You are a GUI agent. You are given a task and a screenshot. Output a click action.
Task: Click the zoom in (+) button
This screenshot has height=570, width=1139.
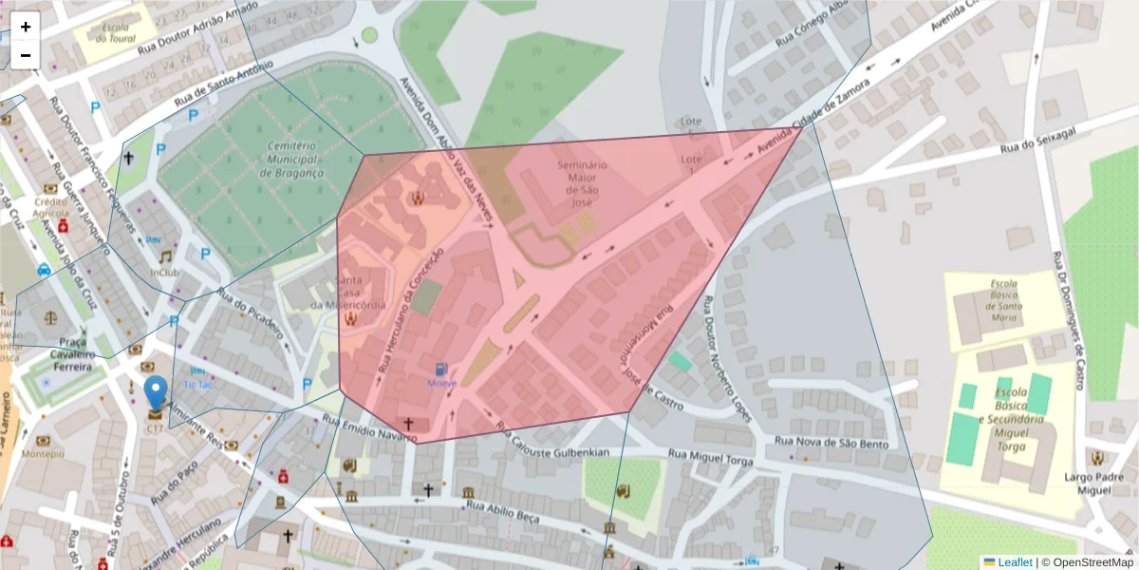click(26, 27)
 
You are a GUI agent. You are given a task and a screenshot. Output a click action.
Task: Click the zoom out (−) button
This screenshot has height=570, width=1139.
click(26, 55)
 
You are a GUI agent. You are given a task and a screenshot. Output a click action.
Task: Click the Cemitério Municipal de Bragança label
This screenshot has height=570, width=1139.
click(290, 160)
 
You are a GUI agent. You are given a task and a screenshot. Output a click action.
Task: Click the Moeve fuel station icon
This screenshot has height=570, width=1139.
click(441, 369)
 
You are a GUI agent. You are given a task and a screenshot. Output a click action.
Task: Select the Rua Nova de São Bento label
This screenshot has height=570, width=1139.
click(831, 443)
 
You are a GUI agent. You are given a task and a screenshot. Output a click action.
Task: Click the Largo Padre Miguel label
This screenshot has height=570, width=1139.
click(1094, 483)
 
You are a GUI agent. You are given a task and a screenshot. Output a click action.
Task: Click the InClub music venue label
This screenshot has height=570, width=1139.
click(164, 273)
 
